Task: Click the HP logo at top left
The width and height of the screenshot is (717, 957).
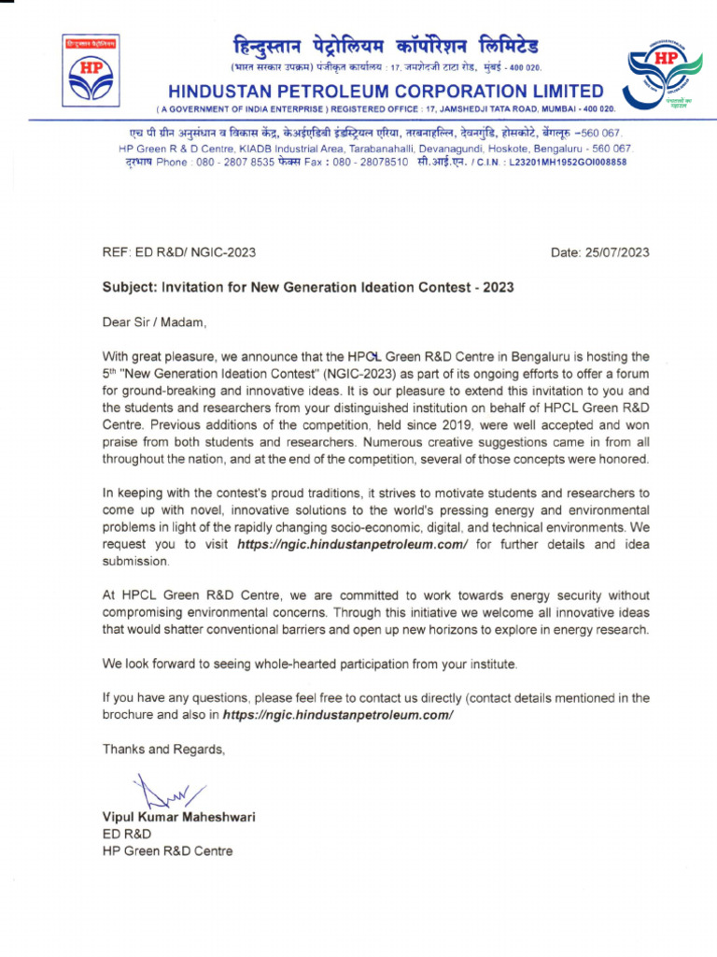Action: tap(91, 71)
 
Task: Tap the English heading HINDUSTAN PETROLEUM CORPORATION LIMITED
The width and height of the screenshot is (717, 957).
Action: tap(386, 91)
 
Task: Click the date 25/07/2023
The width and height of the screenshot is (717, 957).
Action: tap(617, 253)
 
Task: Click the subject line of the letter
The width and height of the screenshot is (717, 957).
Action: tap(308, 287)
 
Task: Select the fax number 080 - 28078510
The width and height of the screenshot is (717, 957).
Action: tap(369, 162)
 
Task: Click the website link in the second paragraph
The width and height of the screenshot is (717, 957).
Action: tap(352, 544)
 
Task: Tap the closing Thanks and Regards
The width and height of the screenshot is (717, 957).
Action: tap(163, 750)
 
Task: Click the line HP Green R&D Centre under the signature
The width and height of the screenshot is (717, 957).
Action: tap(167, 851)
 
